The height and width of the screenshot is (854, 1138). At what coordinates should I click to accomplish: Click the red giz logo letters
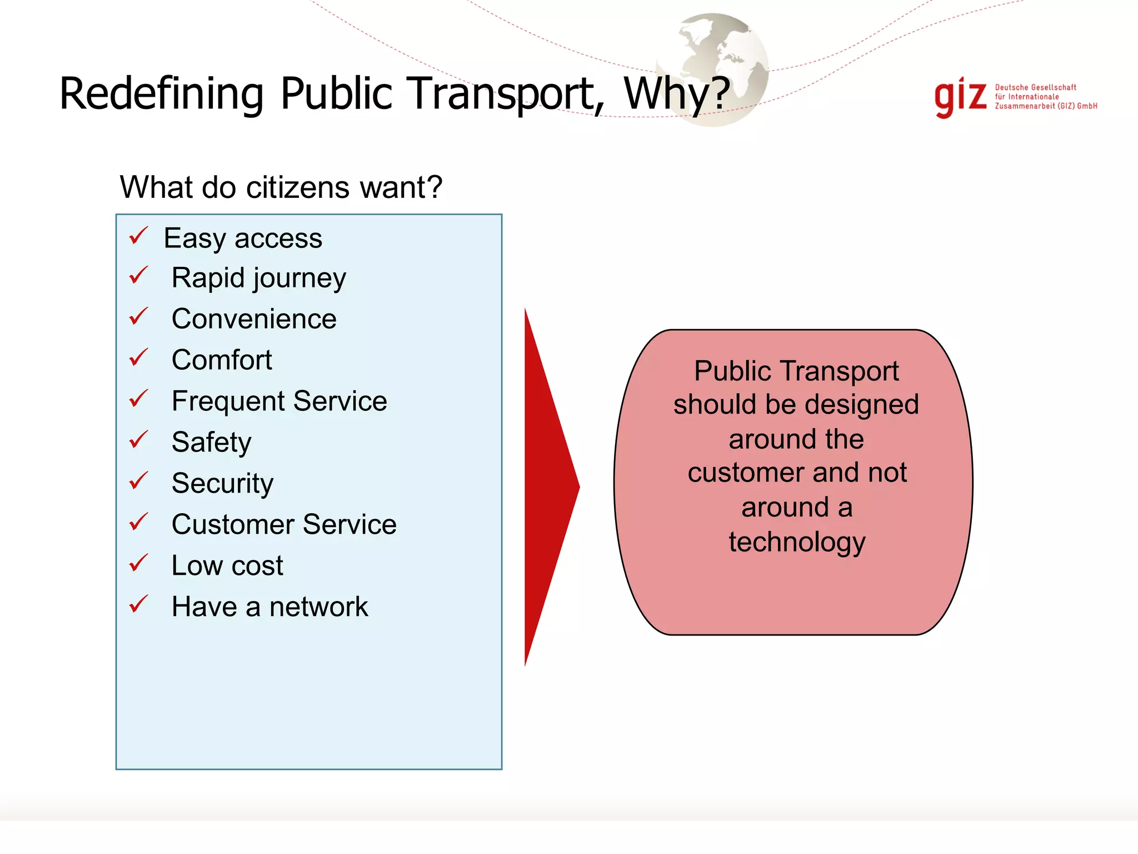(x=960, y=98)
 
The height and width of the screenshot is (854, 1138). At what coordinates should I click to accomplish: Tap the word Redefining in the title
(x=161, y=93)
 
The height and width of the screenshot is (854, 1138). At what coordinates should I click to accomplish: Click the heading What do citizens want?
(x=281, y=187)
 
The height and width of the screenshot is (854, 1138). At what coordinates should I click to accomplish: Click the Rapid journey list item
(x=258, y=277)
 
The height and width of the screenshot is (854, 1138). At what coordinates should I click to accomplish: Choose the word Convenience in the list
(x=254, y=319)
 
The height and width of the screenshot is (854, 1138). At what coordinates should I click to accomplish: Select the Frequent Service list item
(x=279, y=401)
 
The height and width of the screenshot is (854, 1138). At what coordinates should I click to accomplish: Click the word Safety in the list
(x=211, y=443)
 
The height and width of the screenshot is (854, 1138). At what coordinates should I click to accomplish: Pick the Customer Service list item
(x=284, y=524)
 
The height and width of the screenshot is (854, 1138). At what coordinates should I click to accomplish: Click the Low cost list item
(x=227, y=565)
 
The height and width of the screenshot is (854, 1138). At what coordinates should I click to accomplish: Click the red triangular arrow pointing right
(x=547, y=486)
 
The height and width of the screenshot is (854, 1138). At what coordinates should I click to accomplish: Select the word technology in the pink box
(x=797, y=542)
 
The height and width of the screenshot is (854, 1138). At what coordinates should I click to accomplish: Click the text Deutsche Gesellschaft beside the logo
(x=1035, y=87)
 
